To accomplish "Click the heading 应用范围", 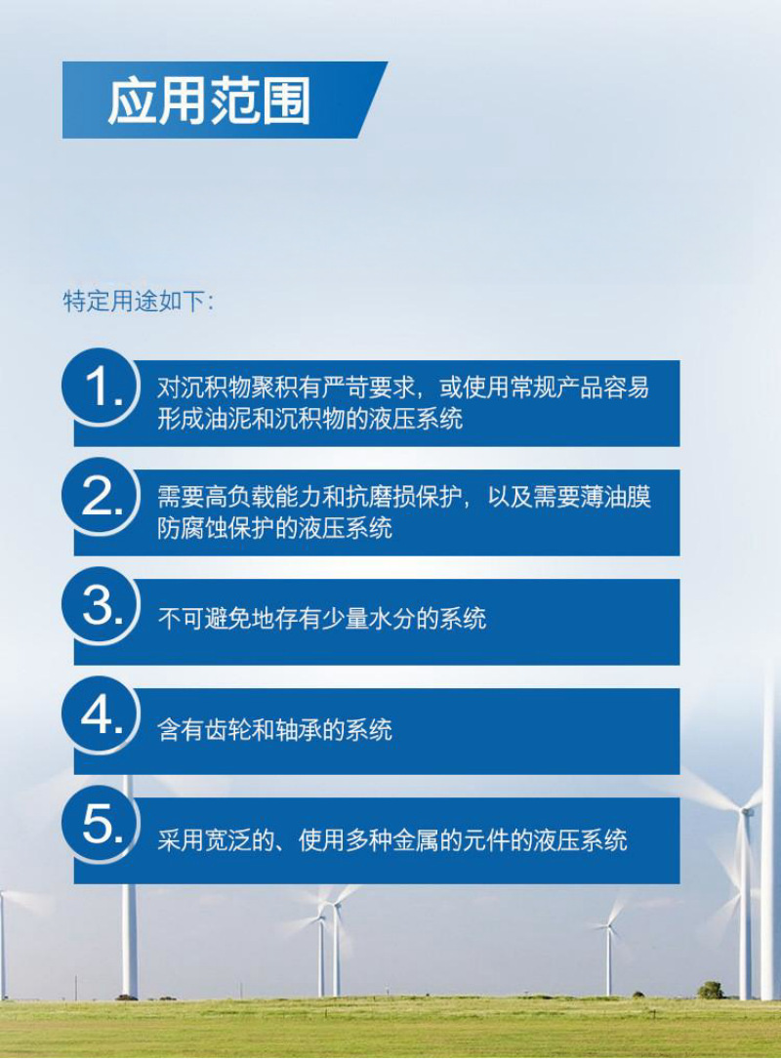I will (x=209, y=101).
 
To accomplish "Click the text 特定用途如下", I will (x=138, y=301).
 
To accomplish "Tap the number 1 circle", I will (x=100, y=387).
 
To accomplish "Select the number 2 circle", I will (x=100, y=498).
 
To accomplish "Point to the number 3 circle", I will (x=100, y=607).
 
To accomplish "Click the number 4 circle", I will (x=100, y=716).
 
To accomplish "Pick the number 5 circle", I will (x=100, y=826).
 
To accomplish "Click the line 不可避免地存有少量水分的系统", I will (x=322, y=619).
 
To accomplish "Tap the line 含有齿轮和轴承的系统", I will (x=275, y=729).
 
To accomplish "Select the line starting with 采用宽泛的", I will (x=392, y=839).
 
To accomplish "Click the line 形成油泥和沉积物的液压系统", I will (x=310, y=420).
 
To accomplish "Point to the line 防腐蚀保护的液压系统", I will (x=275, y=529).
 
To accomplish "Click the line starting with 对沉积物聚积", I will (x=403, y=387).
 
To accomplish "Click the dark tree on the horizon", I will (x=711, y=990).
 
